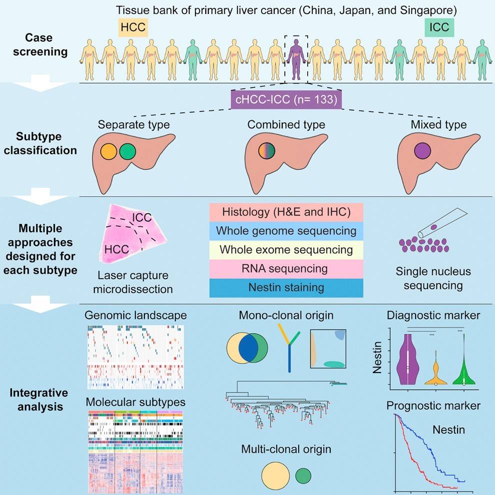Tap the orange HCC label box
coord(133,27)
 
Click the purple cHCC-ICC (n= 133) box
coord(286,100)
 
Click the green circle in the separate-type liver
coord(128,151)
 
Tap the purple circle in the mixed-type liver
coord(423,151)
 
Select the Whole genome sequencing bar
coord(286,231)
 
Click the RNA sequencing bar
coord(286,269)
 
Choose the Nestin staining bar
coord(286,288)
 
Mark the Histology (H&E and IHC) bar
coord(286,212)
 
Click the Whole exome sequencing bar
coord(286,250)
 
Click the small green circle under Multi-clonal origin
coord(302,476)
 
